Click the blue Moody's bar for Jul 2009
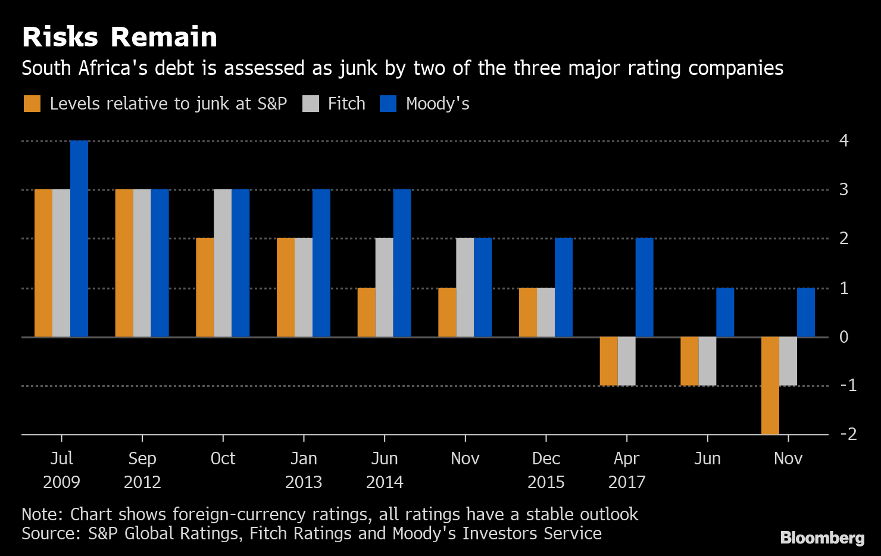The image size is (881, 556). (x=79, y=238)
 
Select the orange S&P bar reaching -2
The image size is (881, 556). (x=770, y=385)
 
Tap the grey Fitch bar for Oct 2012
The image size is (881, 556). (x=223, y=263)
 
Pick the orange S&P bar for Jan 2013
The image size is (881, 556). (x=286, y=288)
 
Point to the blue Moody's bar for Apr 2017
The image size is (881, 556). (x=644, y=288)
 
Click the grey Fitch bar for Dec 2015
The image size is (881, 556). (x=546, y=313)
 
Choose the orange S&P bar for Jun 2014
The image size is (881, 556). (x=367, y=313)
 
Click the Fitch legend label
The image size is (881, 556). (x=346, y=104)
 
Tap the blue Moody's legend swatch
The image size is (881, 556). (x=388, y=104)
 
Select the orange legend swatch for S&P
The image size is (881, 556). (x=32, y=104)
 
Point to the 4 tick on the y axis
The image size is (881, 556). (x=843, y=141)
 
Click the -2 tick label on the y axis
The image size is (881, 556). (x=848, y=434)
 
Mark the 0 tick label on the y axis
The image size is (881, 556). (x=843, y=337)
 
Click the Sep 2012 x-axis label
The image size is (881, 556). (x=142, y=470)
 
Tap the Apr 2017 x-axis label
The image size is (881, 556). (x=627, y=470)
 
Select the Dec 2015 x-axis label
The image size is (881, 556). (x=546, y=470)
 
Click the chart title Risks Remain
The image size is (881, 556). (x=120, y=37)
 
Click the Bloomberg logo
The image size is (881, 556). (x=822, y=538)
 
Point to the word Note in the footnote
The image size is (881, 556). (x=42, y=514)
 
